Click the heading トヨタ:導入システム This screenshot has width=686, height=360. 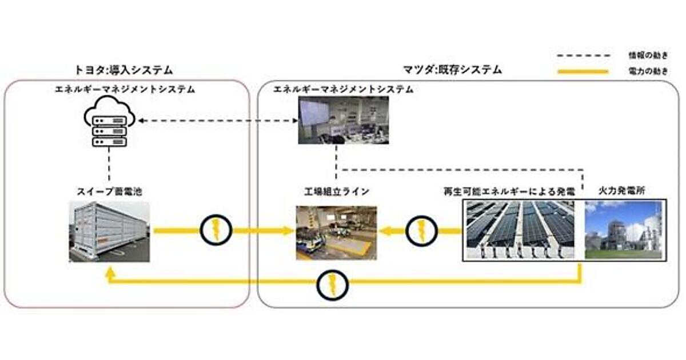123,70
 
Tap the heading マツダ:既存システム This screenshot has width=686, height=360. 452,70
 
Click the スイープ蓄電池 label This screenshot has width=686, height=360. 109,191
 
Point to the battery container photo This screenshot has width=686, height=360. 109,231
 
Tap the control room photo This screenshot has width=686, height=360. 343,120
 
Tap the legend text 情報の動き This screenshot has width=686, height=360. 648,55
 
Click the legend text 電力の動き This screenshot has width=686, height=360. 648,72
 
